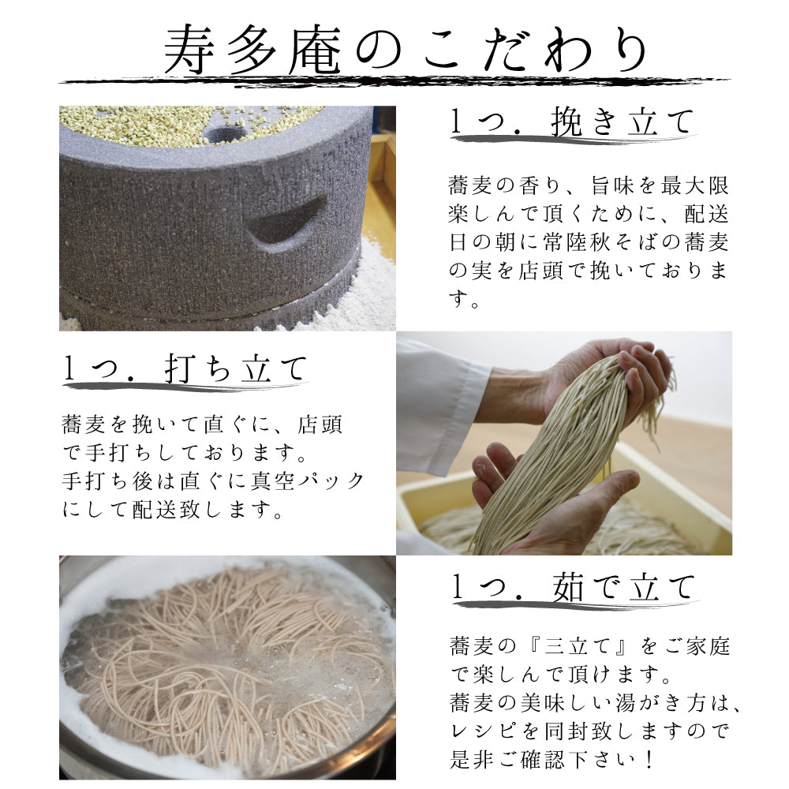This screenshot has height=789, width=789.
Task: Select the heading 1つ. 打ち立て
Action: (x=185, y=368)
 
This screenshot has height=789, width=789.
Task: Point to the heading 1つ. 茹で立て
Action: (x=573, y=587)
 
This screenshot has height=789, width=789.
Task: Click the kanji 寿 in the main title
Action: (x=189, y=50)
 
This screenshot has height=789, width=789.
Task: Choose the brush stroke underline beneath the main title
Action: (x=394, y=82)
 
